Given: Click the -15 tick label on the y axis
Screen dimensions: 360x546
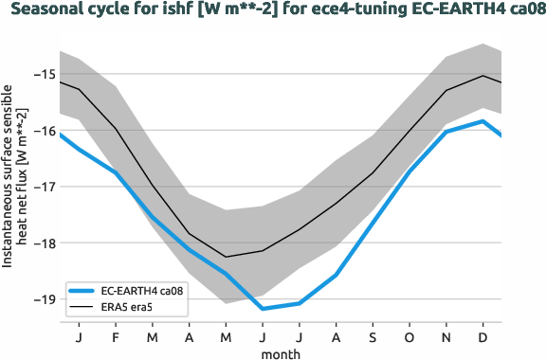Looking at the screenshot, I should tap(43, 74).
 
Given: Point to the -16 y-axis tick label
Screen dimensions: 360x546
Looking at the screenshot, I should tap(43, 130).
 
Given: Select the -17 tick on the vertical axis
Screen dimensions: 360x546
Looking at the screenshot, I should tap(43, 187).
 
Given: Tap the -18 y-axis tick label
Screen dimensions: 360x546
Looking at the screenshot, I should tap(43, 243).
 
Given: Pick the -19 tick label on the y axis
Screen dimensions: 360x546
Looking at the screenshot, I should tap(43, 299).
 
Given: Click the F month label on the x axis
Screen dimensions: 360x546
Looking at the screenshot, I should tap(116, 337).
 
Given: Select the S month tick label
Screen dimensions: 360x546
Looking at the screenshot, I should tap(373, 337).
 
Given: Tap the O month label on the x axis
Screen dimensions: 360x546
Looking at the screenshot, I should tap(409, 337).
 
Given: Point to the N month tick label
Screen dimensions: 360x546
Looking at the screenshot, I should tap(446, 337).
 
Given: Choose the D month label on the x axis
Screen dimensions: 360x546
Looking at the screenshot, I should tap(483, 337).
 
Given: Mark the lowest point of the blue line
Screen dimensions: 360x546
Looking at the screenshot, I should tap(263, 309).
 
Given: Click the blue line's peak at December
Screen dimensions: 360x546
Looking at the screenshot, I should tap(483, 121).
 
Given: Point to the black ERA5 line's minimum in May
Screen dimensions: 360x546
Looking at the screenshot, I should tap(226, 257).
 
